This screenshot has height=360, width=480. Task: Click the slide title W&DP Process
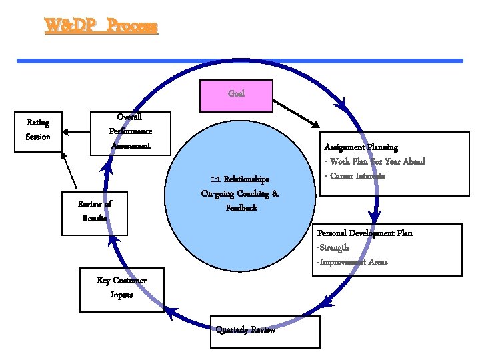pos(101,27)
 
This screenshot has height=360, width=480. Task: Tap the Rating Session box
pos(38,131)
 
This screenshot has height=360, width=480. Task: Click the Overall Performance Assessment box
pos(131,131)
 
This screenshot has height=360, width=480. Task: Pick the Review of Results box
pos(94,213)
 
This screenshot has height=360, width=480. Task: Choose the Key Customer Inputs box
pos(121,288)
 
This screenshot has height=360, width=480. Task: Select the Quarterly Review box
pos(265,331)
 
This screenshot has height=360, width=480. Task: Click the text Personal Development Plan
pos(365,233)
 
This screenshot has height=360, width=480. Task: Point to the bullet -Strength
pos(333,247)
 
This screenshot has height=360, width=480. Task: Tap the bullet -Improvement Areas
pos(352,262)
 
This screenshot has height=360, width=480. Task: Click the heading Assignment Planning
pos(361,147)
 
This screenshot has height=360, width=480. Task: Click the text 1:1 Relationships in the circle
pos(239,179)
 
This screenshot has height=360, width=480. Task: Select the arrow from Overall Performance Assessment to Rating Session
pos(77,132)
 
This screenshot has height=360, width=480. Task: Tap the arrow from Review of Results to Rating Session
pos(69,171)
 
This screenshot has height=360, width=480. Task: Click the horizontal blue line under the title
pos(239,61)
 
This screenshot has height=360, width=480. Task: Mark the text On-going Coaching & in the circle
pos(239,194)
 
